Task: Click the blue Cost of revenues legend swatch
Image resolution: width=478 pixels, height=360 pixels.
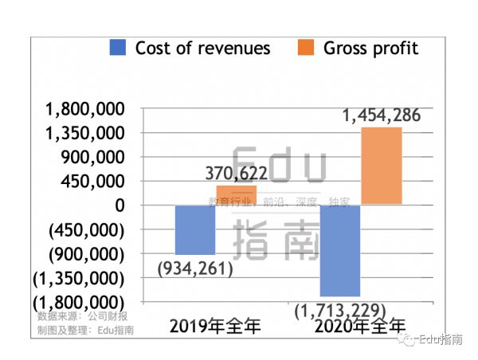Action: pyautogui.click(x=118, y=48)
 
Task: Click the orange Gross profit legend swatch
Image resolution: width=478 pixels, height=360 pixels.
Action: pyautogui.click(x=306, y=48)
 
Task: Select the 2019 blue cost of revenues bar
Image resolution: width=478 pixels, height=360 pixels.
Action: pyautogui.click(x=195, y=229)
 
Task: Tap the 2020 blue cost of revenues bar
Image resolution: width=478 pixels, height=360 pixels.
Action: pyautogui.click(x=340, y=250)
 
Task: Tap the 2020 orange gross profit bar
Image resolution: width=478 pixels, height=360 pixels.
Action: pyautogui.click(x=382, y=166)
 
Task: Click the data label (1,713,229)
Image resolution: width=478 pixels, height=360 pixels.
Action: pyautogui.click(x=340, y=309)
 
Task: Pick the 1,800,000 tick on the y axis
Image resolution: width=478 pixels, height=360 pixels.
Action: pyautogui.click(x=85, y=108)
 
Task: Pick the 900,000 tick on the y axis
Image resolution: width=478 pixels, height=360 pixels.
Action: pyautogui.click(x=94, y=157)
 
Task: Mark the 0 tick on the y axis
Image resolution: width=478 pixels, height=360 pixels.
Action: pyautogui.click(x=119, y=205)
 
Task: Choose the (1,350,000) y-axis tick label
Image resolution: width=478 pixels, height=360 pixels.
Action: pyautogui.click(x=77, y=279)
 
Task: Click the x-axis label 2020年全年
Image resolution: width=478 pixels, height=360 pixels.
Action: pyautogui.click(x=359, y=326)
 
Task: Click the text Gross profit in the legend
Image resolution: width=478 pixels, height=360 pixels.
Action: pyautogui.click(x=370, y=48)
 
